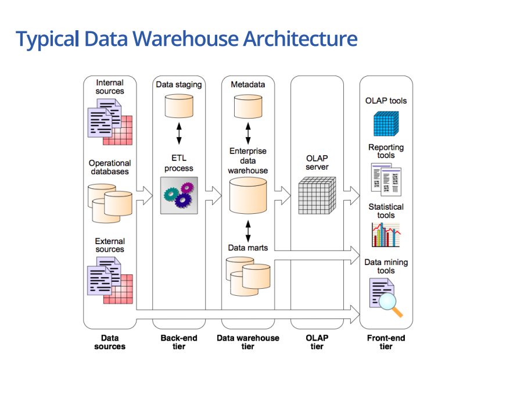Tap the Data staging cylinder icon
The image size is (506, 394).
[x=178, y=106]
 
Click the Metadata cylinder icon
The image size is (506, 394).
[x=248, y=106]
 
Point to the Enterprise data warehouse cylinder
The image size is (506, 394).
[x=248, y=196]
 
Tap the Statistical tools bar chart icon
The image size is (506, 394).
[x=386, y=235]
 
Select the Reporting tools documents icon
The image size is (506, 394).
[x=386, y=178]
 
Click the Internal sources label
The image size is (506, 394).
[x=110, y=87]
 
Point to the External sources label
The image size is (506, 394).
[x=110, y=245]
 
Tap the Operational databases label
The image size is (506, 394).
[x=110, y=167]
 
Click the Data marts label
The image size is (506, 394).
[x=248, y=248]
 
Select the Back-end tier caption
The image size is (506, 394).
[x=179, y=342]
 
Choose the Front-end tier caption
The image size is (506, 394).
[x=386, y=342]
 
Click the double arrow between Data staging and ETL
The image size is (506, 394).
[x=179, y=132]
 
